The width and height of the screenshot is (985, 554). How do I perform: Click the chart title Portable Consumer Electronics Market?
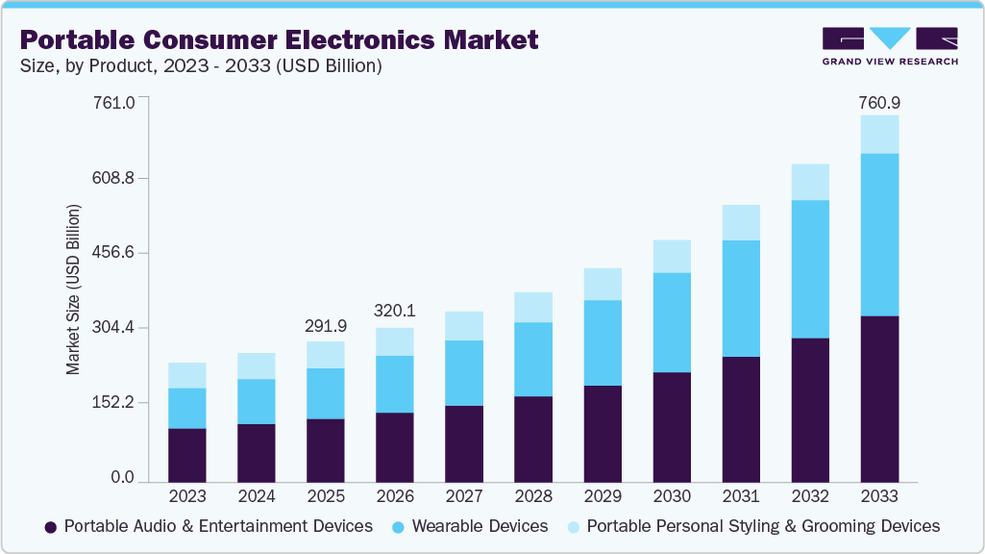(x=279, y=40)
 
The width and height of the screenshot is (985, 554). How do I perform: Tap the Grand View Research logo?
(x=889, y=46)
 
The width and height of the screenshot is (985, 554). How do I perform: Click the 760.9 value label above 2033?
(x=879, y=102)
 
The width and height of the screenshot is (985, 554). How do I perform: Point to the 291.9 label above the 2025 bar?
(x=326, y=327)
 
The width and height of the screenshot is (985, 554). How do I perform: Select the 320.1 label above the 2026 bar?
(x=395, y=312)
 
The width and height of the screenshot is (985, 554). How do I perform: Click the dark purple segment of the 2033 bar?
(x=879, y=399)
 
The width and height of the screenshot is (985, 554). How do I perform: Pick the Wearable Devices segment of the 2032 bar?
(x=810, y=269)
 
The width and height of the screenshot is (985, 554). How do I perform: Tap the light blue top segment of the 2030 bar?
(x=672, y=257)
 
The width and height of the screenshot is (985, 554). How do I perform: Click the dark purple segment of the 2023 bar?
(x=187, y=455)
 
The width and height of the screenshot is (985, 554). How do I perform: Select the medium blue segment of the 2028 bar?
(x=533, y=359)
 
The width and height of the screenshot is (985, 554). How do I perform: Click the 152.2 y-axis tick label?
(x=114, y=402)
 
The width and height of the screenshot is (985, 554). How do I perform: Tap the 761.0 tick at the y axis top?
(x=114, y=102)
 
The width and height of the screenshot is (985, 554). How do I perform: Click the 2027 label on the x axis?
(x=464, y=497)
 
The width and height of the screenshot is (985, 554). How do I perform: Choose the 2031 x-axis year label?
(x=741, y=497)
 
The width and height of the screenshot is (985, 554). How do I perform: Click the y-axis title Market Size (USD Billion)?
(x=73, y=289)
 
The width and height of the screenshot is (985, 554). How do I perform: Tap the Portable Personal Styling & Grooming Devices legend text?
(x=762, y=526)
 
